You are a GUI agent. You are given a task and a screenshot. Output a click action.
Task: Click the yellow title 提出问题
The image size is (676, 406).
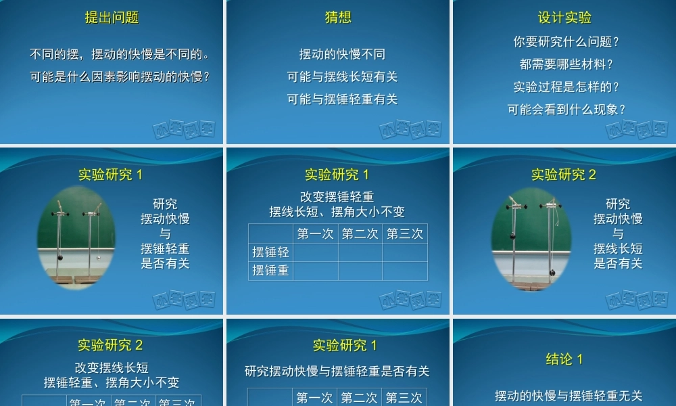click(112, 18)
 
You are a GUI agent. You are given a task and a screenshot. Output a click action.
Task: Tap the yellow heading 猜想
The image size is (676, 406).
click(338, 18)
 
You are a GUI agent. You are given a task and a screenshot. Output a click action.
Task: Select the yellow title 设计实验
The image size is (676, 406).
click(564, 18)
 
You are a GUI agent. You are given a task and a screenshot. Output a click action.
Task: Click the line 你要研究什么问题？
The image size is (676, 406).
click(566, 42)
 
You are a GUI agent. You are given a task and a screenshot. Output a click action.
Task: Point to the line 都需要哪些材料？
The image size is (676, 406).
click(566, 65)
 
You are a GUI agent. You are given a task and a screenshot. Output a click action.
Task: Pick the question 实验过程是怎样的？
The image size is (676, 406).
click(566, 87)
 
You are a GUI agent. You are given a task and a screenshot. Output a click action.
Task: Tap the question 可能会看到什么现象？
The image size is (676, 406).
click(566, 110)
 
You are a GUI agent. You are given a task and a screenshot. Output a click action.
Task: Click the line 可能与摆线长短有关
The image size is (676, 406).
click(342, 77)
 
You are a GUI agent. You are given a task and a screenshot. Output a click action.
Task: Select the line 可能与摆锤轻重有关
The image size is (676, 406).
click(342, 99)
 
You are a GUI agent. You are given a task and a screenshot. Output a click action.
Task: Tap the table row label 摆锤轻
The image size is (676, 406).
click(270, 252)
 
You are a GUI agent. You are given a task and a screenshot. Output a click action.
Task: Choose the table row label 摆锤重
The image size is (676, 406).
click(270, 271)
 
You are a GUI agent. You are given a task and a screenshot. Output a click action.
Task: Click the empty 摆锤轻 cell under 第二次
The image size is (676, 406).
click(360, 252)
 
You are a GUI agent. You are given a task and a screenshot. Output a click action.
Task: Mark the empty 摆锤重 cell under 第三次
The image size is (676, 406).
click(404, 271)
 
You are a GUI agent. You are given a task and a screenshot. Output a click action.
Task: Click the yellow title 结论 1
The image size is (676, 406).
click(564, 359)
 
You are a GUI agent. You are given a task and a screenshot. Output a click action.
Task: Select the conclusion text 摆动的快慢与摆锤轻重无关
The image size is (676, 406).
click(569, 396)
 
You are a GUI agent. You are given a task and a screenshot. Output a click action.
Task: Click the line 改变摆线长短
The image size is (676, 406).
click(112, 368)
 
